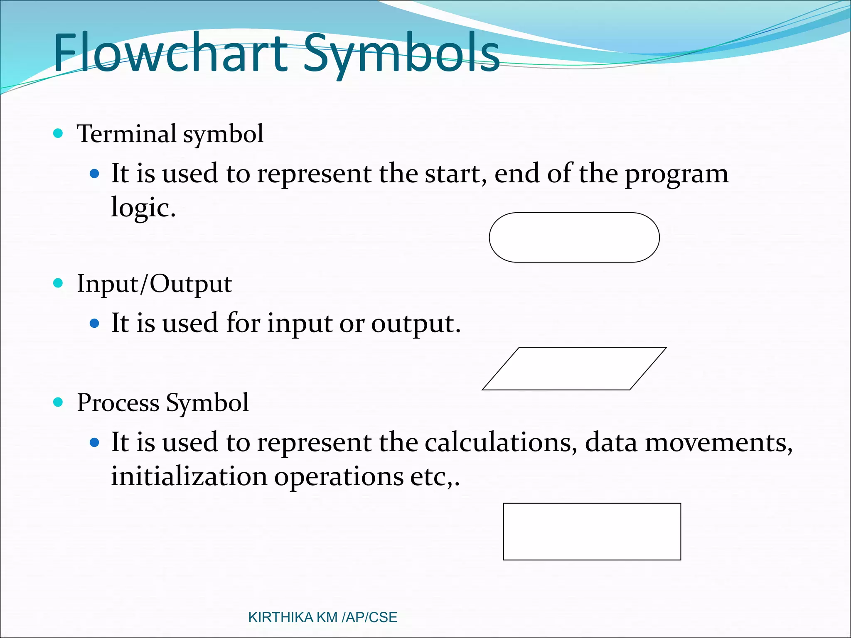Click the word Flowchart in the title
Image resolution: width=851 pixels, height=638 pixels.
tap(170, 53)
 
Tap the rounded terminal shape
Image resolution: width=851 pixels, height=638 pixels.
tap(574, 238)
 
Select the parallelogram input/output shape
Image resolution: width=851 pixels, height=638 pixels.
tap(574, 369)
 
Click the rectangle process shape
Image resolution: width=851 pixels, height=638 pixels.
tap(592, 532)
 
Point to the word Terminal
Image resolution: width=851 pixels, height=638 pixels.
tap(127, 134)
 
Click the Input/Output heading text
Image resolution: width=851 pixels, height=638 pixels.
tap(154, 285)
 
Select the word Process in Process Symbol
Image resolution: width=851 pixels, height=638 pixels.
tap(118, 403)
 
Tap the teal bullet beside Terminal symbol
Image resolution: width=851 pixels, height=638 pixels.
tap(58, 133)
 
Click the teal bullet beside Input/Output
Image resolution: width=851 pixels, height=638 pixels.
tap(58, 283)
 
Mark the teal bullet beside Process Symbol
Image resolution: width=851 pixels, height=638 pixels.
tap(58, 402)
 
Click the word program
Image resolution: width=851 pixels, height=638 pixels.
tap(676, 174)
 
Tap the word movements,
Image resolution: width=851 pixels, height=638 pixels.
tap(719, 442)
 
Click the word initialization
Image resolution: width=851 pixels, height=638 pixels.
tap(189, 476)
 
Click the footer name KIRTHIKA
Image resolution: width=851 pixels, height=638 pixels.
tap(280, 618)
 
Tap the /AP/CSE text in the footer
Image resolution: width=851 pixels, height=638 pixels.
tap(369, 618)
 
